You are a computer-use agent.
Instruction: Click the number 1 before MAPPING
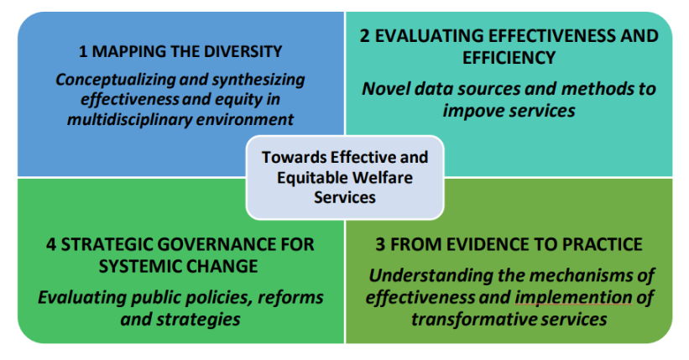click(x=82, y=51)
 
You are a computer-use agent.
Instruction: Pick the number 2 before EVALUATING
click(x=365, y=36)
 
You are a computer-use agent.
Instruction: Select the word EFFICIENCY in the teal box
click(x=509, y=58)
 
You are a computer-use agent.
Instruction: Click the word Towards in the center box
click(x=294, y=158)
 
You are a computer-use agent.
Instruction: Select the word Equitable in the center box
click(x=312, y=179)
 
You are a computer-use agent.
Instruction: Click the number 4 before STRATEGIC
click(x=51, y=244)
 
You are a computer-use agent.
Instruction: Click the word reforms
click(x=290, y=298)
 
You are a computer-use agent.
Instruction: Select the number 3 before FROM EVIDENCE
click(x=380, y=244)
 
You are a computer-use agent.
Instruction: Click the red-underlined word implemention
click(x=573, y=298)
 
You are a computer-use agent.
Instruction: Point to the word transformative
click(x=473, y=320)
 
